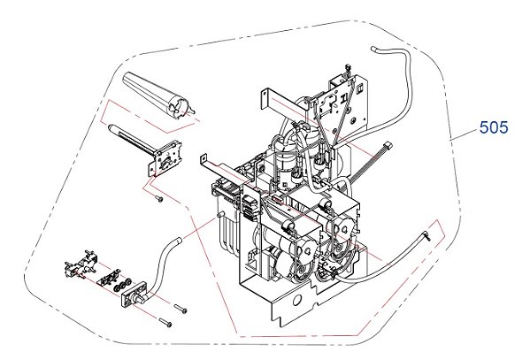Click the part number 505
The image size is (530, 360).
pyautogui.click(x=494, y=127)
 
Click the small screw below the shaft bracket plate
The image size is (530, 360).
pyautogui.click(x=158, y=199)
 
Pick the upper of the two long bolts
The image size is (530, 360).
pyautogui.click(x=181, y=309)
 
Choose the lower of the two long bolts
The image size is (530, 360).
pyautogui.click(x=165, y=323)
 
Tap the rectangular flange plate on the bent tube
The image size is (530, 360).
pyautogui.click(x=134, y=294)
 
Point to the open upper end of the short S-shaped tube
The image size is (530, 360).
pyautogui.click(x=178, y=241)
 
